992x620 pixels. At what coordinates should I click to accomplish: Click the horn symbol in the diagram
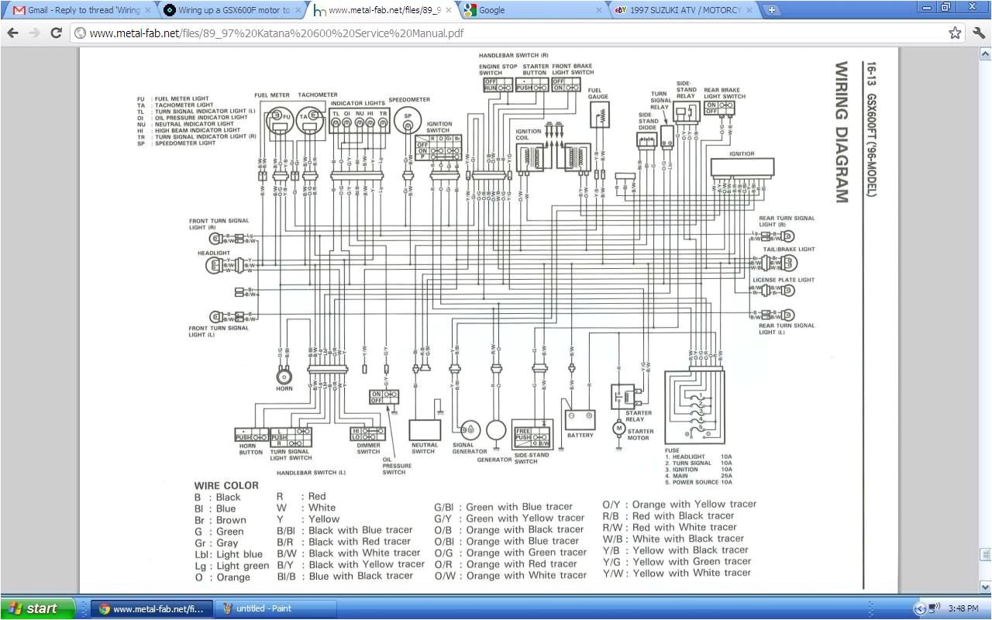click(x=284, y=377)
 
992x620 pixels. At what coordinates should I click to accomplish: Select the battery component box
click(x=580, y=419)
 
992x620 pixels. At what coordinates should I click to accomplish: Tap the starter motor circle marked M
click(x=618, y=427)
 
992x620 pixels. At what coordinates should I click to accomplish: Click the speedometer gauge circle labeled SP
click(x=405, y=122)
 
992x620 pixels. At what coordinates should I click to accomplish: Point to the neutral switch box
click(x=425, y=430)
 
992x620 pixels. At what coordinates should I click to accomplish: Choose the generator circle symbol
click(x=495, y=431)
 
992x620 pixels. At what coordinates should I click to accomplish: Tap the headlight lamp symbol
click(x=212, y=266)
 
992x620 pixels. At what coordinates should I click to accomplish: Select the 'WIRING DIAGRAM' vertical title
click(x=842, y=132)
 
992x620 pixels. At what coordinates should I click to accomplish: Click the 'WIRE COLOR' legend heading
click(x=226, y=485)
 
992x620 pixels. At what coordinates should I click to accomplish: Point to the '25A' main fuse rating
click(x=725, y=476)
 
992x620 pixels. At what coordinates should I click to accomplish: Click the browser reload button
click(x=56, y=33)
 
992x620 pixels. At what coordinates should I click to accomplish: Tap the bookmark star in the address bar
click(x=955, y=33)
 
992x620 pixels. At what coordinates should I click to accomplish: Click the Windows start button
click(x=36, y=608)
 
